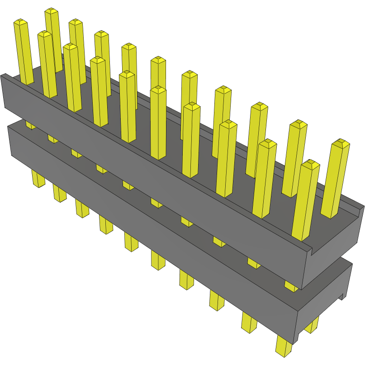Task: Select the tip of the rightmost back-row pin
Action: click(x=341, y=143)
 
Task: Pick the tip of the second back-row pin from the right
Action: click(x=298, y=123)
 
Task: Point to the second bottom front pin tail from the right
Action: click(x=248, y=323)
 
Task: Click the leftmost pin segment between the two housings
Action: click(x=30, y=124)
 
